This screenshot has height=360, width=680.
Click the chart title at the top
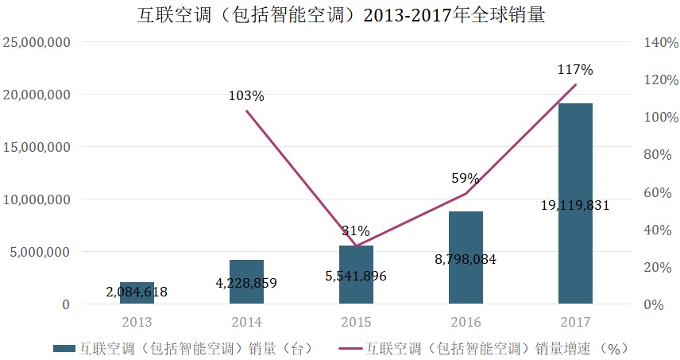coord(340,15)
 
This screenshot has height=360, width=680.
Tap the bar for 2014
coord(246,274)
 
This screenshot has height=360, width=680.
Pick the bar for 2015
coord(356,266)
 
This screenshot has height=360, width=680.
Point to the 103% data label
coord(246,95)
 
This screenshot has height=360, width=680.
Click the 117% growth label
coord(575,70)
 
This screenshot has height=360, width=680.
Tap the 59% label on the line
coord(466,178)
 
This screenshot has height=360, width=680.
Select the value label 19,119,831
coord(575,205)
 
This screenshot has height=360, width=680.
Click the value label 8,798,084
coord(466,258)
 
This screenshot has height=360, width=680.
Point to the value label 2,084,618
coord(137,292)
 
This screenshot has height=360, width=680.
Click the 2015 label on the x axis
coord(356,323)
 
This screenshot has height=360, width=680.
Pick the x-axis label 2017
coord(575,323)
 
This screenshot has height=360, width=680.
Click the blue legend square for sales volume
coord(63,348)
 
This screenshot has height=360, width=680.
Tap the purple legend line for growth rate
coord(352,348)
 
